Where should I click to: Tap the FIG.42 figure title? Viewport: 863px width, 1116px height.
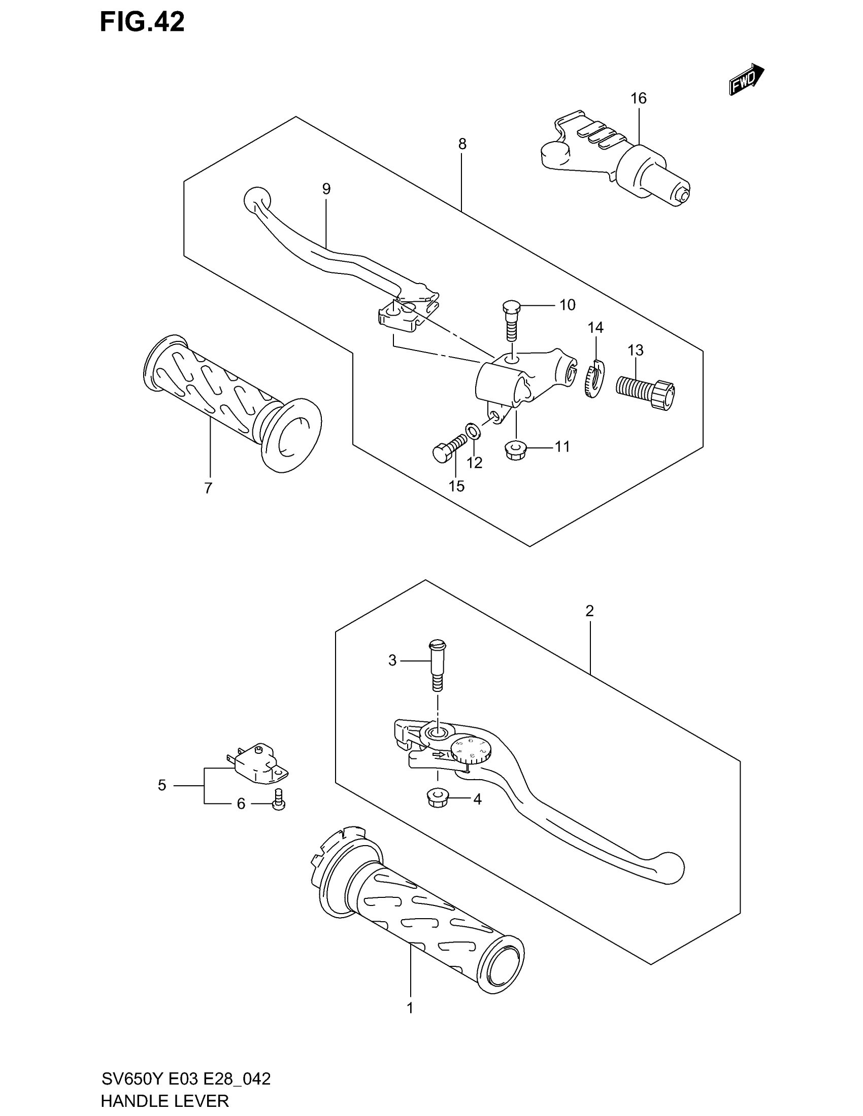[142, 23]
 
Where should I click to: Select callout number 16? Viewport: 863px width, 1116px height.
[638, 98]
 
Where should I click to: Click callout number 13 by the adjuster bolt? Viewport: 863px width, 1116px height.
[635, 350]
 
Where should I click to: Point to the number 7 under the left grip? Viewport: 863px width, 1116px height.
[208, 489]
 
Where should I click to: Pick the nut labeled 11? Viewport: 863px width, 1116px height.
[513, 449]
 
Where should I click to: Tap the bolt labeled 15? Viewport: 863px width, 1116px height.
[448, 446]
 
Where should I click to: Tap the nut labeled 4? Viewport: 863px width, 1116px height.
[436, 798]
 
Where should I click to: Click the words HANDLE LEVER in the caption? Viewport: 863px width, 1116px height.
[164, 1101]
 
